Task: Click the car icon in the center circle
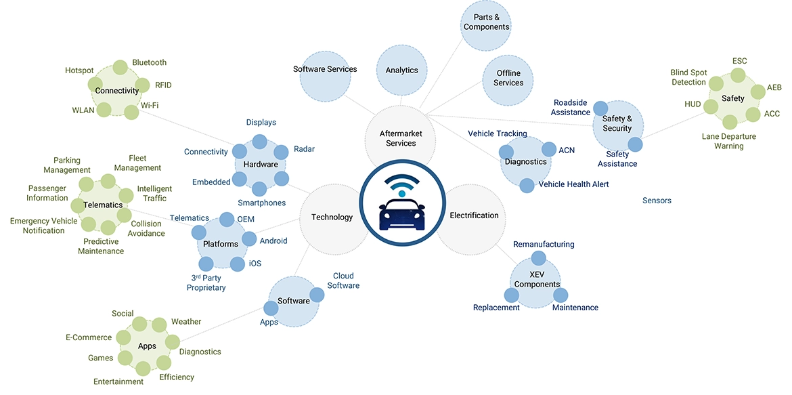click(x=403, y=207)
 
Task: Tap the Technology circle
click(x=332, y=217)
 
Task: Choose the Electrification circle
click(x=474, y=215)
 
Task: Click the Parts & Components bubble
click(x=486, y=22)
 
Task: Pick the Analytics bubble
click(x=401, y=70)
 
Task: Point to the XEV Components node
click(x=537, y=284)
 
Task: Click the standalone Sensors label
click(x=657, y=201)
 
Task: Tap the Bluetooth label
click(x=149, y=62)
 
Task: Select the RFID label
click(x=163, y=85)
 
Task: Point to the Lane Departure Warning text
click(x=728, y=141)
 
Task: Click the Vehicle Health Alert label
click(x=573, y=184)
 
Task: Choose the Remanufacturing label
click(x=544, y=244)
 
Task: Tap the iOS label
click(x=255, y=263)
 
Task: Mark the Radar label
click(x=304, y=149)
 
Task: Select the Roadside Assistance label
click(x=571, y=107)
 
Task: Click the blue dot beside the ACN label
click(x=548, y=149)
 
